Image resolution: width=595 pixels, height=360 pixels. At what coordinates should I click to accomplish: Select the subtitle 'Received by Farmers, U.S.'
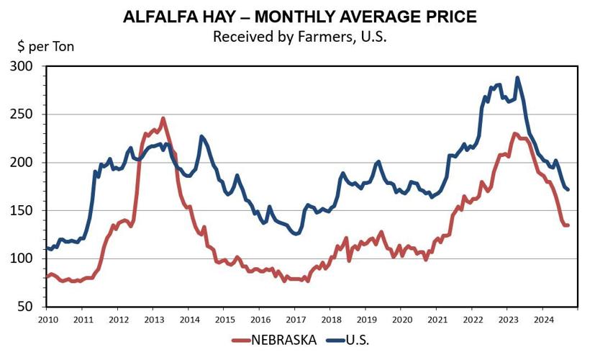299,37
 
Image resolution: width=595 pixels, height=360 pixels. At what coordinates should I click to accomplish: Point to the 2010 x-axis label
47,318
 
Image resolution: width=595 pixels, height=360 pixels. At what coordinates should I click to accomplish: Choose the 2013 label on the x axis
153,318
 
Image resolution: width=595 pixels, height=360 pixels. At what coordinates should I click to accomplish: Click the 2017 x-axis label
295,318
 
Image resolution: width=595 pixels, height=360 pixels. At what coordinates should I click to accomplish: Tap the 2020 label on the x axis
401,318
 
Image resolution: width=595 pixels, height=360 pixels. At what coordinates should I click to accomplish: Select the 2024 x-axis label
543,318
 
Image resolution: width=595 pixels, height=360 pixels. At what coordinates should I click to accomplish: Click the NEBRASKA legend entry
276,341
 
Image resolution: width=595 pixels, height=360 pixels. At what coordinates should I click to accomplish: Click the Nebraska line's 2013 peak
163,118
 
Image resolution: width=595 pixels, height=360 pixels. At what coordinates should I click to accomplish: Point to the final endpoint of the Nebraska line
568,225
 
